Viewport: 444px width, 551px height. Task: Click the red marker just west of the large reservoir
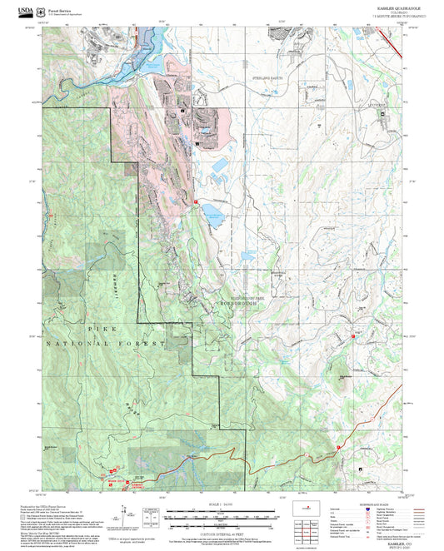click(x=195, y=201)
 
